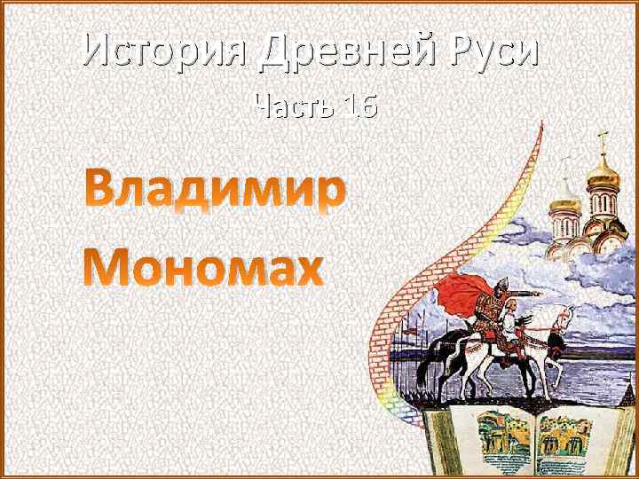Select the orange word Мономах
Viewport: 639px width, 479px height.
click(203, 266)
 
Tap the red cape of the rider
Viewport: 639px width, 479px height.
click(461, 292)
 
